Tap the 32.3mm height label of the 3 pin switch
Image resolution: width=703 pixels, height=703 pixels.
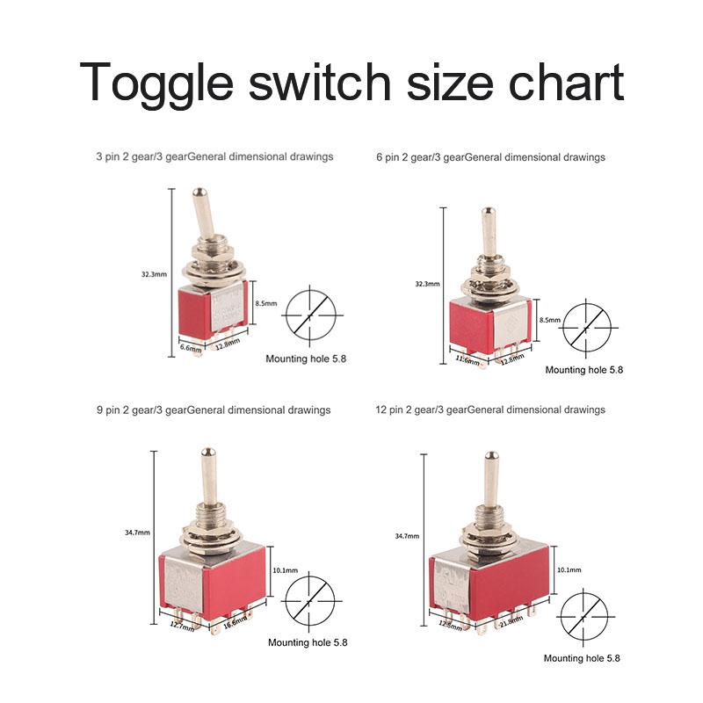click(x=153, y=274)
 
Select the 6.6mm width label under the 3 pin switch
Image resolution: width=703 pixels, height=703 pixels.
click(x=191, y=348)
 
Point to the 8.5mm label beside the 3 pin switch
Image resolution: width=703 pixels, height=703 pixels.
click(x=265, y=302)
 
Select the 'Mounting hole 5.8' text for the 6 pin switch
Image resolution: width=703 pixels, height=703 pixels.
click(x=583, y=370)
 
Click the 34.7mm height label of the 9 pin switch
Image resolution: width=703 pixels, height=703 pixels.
click(x=137, y=532)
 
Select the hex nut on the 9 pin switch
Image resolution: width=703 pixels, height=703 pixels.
click(x=213, y=537)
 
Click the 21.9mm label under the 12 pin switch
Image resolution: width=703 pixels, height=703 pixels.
click(x=511, y=623)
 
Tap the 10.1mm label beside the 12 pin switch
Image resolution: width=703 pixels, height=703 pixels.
click(x=569, y=570)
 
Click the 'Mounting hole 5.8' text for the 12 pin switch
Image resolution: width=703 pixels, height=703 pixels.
click(x=582, y=658)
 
